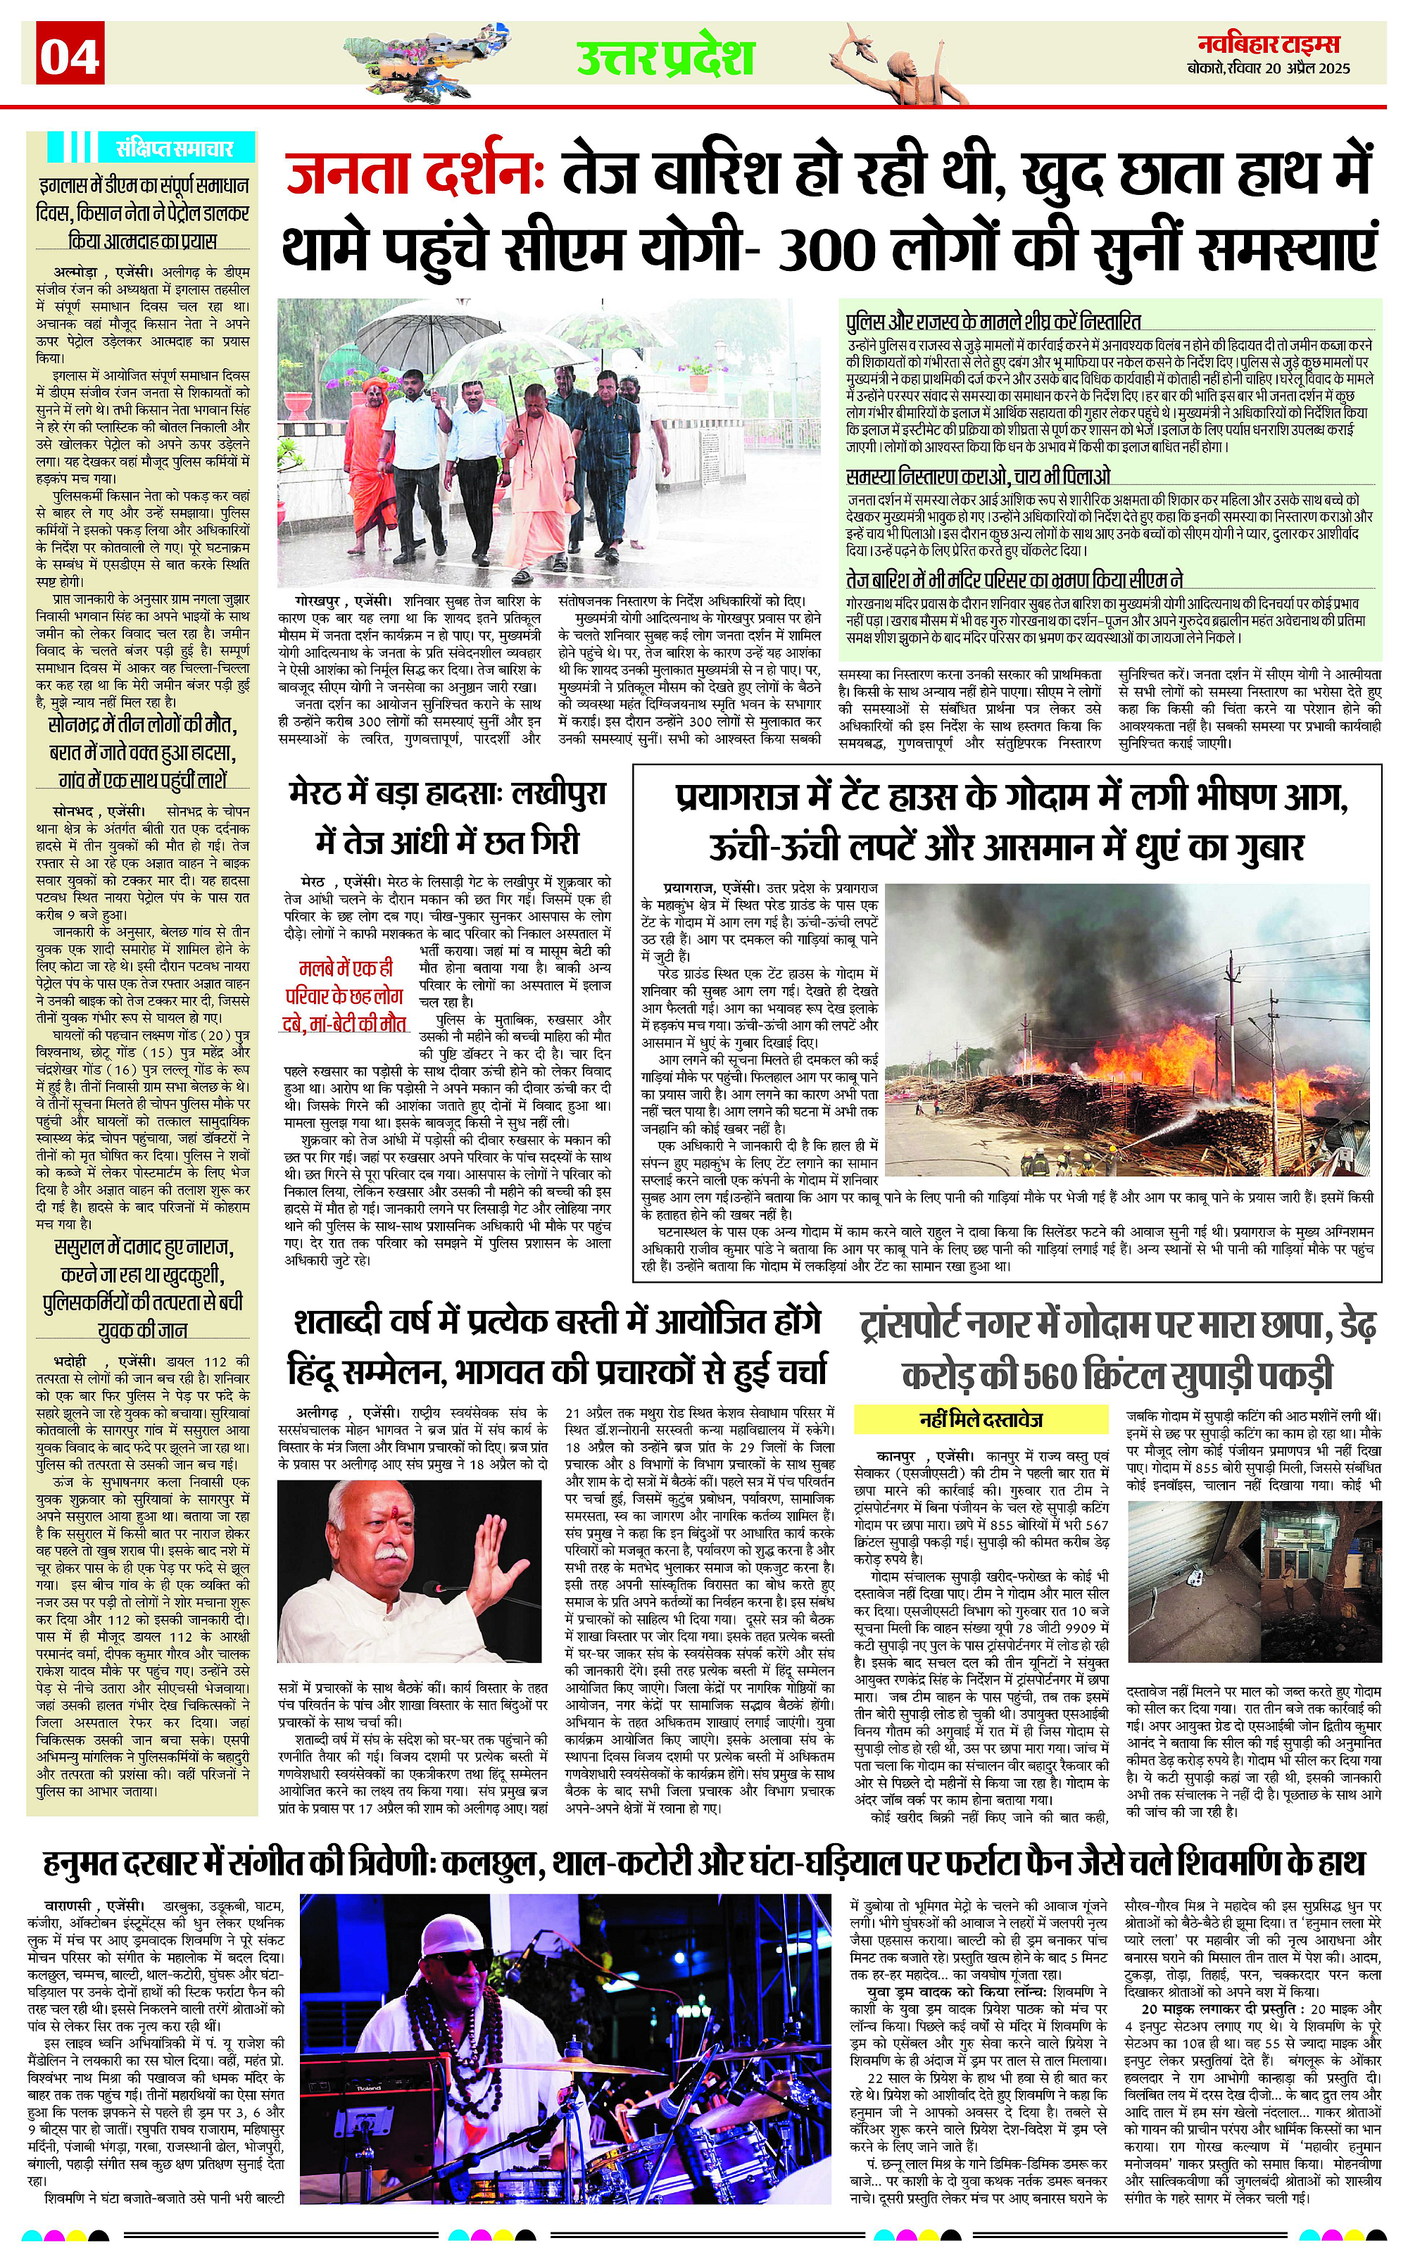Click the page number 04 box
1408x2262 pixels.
70,56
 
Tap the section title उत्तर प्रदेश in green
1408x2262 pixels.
665,58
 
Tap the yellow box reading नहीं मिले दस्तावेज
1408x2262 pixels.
981,1420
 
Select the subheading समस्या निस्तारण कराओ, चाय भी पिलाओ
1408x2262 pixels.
978,476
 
